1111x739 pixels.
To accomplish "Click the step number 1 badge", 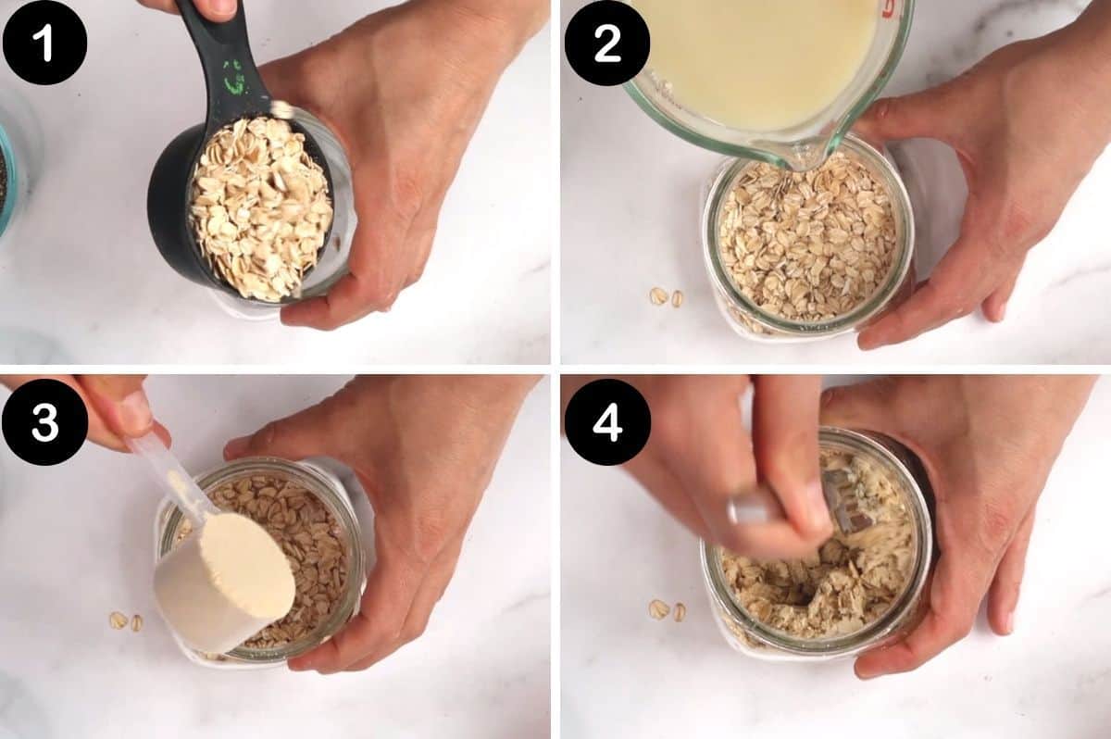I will (44, 43).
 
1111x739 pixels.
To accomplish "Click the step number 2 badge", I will (607, 43).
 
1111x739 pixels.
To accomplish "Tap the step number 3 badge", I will (44, 422).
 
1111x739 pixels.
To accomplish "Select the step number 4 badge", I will (607, 422).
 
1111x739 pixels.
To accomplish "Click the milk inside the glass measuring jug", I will (759, 56).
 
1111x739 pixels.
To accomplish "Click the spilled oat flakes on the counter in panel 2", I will (666, 296).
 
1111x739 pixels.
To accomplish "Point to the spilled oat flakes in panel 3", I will (125, 620).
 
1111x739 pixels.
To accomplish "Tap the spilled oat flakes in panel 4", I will (666, 610).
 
